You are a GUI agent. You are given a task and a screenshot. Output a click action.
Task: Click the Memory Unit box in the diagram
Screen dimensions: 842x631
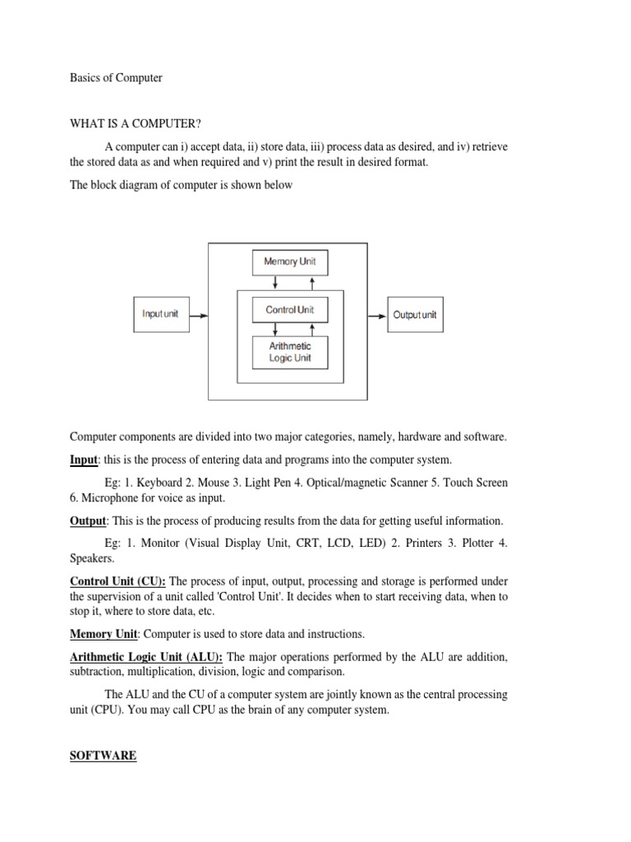click(x=284, y=262)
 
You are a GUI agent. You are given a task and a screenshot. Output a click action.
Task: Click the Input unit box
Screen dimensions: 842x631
click(x=160, y=314)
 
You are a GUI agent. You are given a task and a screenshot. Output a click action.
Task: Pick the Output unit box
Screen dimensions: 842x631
click(x=415, y=315)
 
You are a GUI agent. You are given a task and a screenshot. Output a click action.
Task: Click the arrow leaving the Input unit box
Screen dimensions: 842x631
click(x=198, y=315)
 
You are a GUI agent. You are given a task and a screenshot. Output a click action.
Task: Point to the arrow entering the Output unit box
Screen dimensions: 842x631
click(x=376, y=315)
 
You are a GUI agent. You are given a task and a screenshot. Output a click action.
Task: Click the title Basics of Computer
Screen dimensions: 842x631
click(x=116, y=78)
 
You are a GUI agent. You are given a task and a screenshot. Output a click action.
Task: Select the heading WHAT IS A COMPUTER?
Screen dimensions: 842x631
click(x=136, y=123)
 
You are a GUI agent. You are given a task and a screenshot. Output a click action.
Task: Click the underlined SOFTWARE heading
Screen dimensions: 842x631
click(x=103, y=755)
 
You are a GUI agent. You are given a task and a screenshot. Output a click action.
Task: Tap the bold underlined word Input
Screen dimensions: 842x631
click(x=84, y=460)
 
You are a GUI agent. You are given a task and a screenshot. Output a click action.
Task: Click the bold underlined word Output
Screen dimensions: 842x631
click(x=88, y=520)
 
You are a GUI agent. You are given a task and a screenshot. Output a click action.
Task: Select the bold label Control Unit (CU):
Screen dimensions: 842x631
click(x=117, y=581)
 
